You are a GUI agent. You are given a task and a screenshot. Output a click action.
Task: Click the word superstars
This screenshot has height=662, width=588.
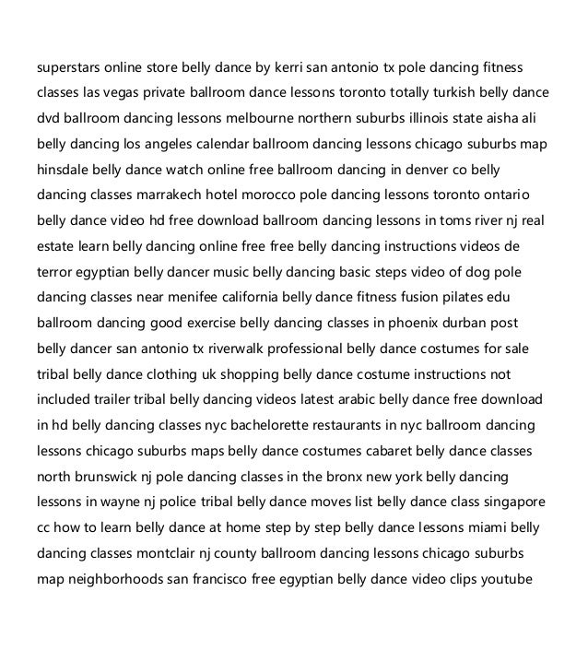pyautogui.click(x=67, y=67)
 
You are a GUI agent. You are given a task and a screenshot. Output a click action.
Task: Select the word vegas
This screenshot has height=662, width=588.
pyautogui.click(x=127, y=93)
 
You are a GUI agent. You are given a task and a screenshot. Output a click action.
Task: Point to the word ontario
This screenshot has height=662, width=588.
pyautogui.click(x=526, y=196)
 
